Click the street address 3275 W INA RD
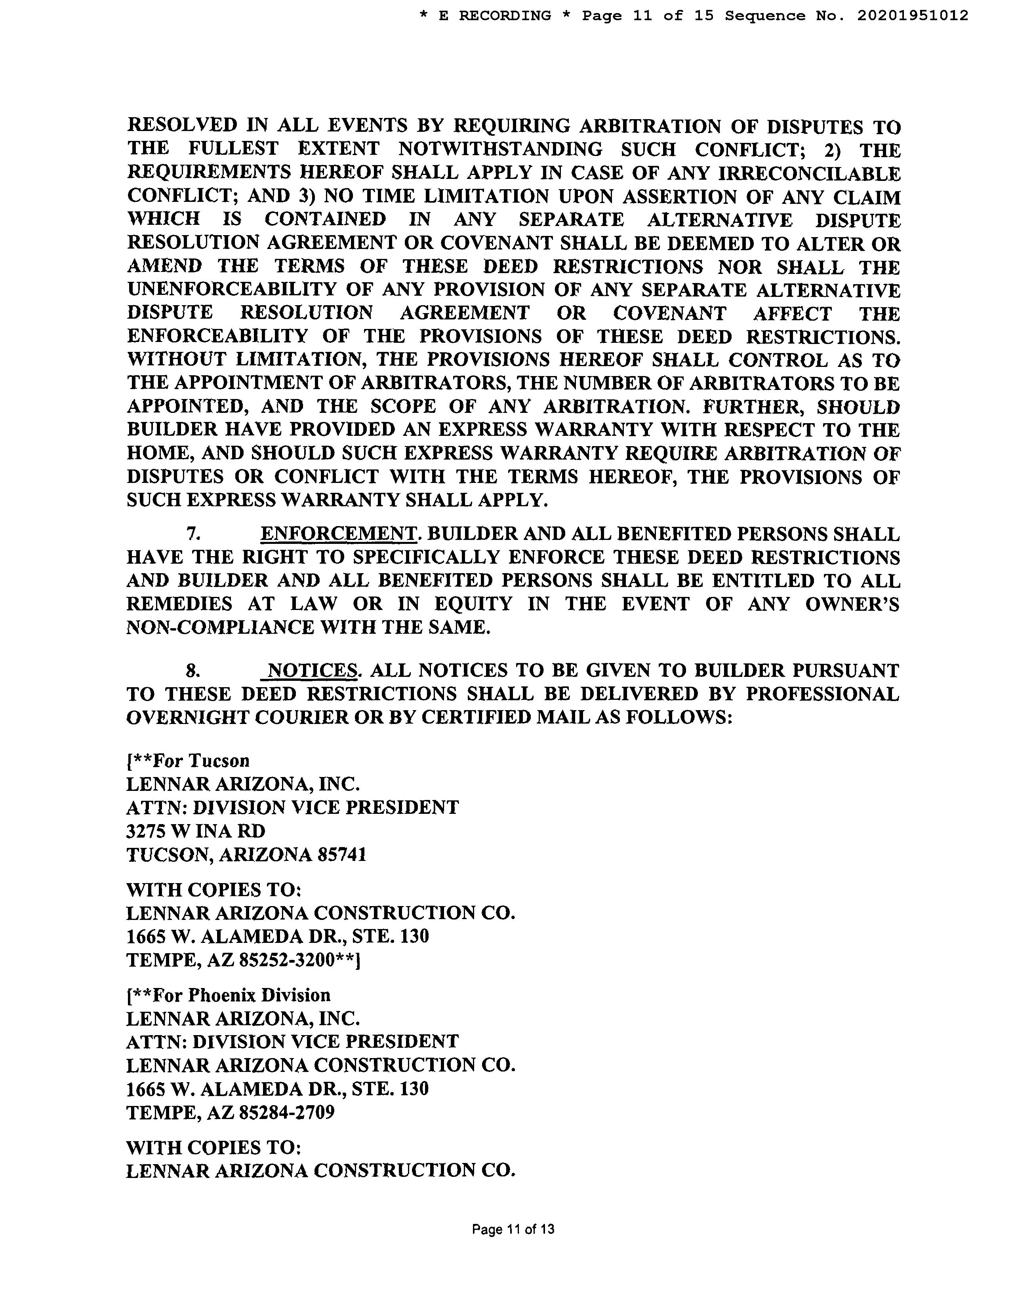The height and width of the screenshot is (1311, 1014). tap(196, 831)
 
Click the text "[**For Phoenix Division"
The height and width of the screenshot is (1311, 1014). tap(228, 995)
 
